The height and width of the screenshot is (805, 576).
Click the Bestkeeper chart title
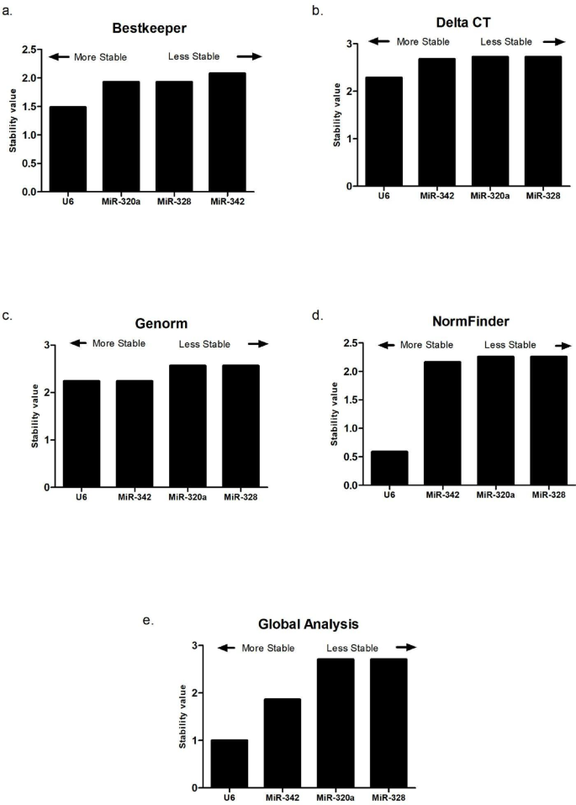149,28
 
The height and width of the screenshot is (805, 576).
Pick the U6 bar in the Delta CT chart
384,131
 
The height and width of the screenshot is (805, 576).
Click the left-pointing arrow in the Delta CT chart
380,41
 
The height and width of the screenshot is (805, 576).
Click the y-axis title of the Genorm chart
36,416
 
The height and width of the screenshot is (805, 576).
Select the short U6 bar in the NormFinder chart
389,468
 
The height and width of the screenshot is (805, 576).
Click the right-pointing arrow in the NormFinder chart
562,345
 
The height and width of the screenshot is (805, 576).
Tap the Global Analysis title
309,625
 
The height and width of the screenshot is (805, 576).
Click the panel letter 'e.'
148,619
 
